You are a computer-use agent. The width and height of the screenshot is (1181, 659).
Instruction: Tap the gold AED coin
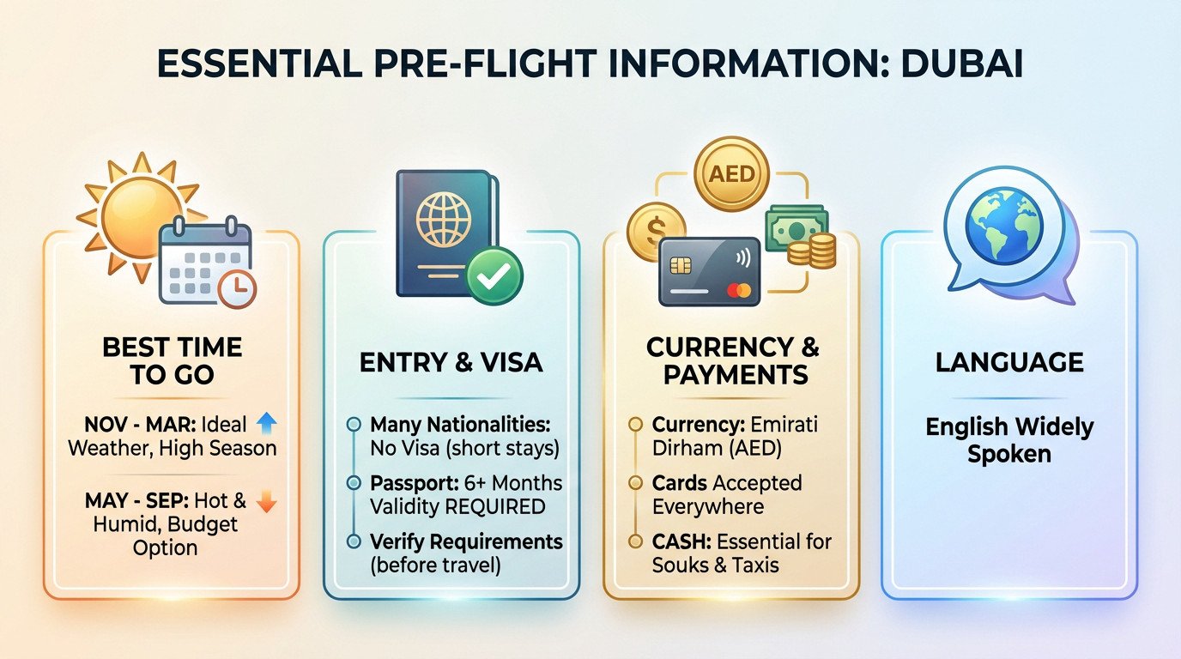point(732,174)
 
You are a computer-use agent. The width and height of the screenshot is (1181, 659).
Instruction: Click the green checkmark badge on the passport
point(494,276)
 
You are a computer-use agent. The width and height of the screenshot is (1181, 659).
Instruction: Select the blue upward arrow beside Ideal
point(266,423)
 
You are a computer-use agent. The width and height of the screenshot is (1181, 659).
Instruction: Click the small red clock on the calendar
point(237,289)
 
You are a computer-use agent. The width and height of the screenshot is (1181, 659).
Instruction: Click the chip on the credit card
point(681,265)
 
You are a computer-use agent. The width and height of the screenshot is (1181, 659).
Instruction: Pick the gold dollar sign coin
point(656,232)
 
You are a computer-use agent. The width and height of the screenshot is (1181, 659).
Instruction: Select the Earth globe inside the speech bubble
point(1004,226)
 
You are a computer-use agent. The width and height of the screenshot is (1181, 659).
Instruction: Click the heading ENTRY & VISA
point(451,363)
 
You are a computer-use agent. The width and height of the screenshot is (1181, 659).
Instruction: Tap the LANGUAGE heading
point(1009,363)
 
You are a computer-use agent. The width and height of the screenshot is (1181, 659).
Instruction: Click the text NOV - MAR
point(140,424)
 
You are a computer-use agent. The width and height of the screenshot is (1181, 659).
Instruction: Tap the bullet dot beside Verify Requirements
point(354,541)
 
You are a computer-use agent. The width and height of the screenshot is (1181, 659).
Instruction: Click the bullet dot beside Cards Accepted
point(636,482)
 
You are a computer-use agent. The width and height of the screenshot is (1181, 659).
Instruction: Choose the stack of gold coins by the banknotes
point(813,251)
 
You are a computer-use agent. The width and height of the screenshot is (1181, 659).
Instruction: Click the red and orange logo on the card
point(739,289)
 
